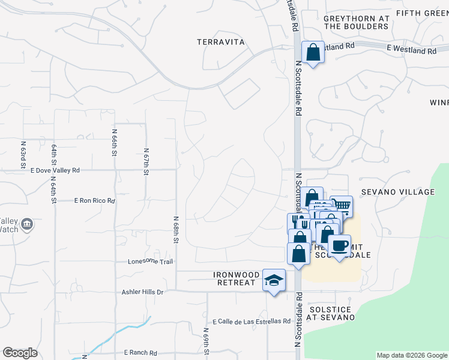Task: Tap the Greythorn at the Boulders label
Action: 356,23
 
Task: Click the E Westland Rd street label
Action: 411,51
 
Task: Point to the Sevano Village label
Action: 398,192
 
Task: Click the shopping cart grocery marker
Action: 341,206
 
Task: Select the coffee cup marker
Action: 340,245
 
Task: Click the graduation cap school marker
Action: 274,280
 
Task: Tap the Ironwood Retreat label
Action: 237,278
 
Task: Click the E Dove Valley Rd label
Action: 55,170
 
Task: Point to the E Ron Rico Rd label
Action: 94,201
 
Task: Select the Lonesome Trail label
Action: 150,262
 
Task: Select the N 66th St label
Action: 114,142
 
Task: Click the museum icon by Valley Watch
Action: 27,225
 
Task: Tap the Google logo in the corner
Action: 20,353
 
